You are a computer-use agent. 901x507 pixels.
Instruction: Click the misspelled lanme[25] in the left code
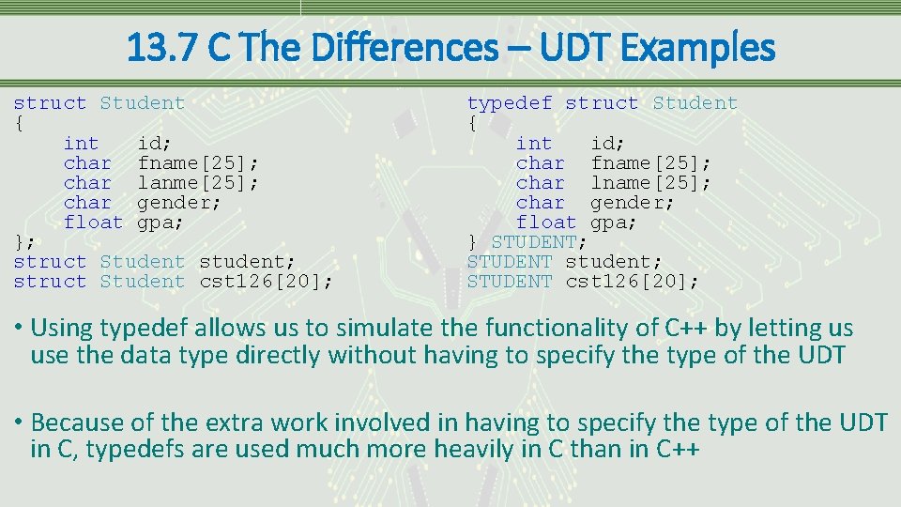(x=198, y=183)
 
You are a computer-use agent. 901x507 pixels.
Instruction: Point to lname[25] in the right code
(x=650, y=183)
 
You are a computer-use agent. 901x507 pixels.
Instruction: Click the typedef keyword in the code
(x=510, y=103)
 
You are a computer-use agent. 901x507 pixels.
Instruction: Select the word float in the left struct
(x=93, y=223)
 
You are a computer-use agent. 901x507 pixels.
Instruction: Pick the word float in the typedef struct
(x=546, y=223)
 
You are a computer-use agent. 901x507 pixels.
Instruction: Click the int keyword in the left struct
(x=81, y=144)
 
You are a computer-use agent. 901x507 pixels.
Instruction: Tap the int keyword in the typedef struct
(x=534, y=144)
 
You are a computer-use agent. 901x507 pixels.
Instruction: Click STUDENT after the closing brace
(x=534, y=242)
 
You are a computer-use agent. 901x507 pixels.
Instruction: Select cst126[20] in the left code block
(x=266, y=282)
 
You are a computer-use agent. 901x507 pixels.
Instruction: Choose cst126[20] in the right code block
(x=632, y=282)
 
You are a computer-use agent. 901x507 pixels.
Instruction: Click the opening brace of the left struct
(x=19, y=123)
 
